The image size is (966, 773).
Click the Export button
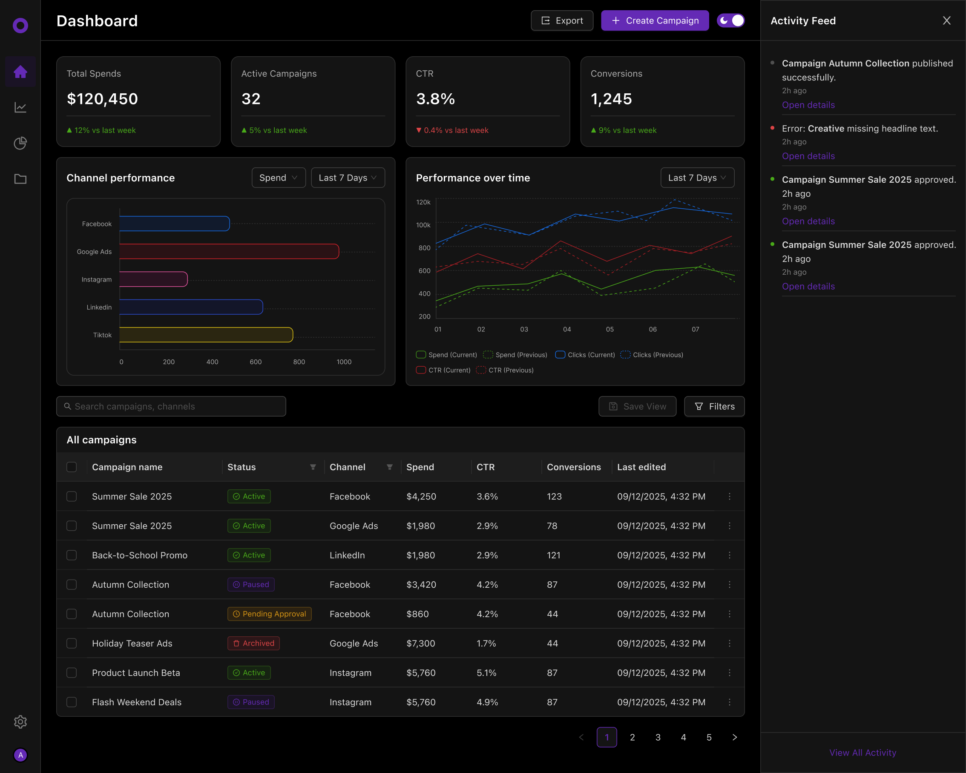(x=562, y=20)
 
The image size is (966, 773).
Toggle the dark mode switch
(x=730, y=20)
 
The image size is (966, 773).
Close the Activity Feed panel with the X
(x=946, y=20)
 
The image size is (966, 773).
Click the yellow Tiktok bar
(x=206, y=335)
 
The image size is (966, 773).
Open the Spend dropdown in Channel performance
(x=278, y=178)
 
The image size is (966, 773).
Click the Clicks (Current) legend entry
(x=585, y=355)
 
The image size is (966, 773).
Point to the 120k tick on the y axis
(x=423, y=202)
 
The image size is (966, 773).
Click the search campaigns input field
(x=171, y=406)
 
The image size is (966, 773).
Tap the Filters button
(x=714, y=406)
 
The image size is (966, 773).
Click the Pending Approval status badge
(x=269, y=614)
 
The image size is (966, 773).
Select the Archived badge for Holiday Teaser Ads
(x=253, y=644)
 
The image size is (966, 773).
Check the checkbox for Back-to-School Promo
(x=72, y=555)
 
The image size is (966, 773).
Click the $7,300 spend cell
(x=420, y=644)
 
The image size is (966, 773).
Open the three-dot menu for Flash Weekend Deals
(x=730, y=702)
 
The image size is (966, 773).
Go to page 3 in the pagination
(x=658, y=737)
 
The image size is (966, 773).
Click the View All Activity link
(x=862, y=753)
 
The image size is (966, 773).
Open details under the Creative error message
(x=808, y=156)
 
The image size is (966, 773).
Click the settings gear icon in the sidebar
(x=20, y=721)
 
